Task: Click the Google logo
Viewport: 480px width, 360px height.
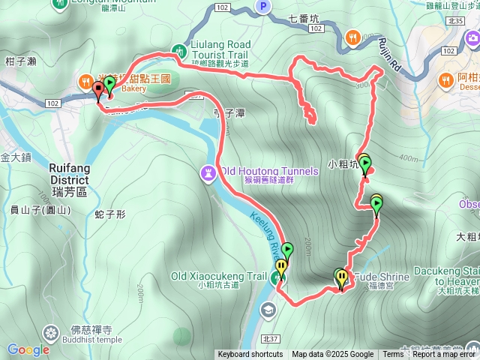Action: pyautogui.click(x=28, y=349)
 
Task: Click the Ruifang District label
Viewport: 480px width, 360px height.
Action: pyautogui.click(x=69, y=175)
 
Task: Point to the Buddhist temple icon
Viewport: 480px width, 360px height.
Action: pyautogui.click(x=51, y=331)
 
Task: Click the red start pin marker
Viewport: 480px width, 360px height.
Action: pyautogui.click(x=98, y=91)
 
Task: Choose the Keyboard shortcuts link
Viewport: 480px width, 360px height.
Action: pyautogui.click(x=250, y=355)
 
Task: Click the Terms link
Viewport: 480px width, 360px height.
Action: pyautogui.click(x=393, y=355)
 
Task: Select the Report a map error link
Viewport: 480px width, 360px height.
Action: pyautogui.click(x=445, y=355)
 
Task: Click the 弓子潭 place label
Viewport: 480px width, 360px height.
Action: pyautogui.click(x=230, y=113)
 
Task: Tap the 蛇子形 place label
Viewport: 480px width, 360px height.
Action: pyautogui.click(x=109, y=214)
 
